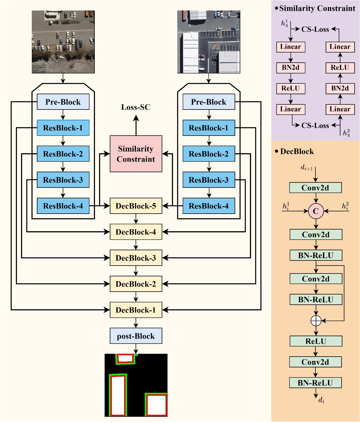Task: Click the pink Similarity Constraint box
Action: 136,154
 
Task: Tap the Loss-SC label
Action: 136,107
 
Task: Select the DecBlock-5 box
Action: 136,206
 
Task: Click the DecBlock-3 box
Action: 136,258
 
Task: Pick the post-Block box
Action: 136,336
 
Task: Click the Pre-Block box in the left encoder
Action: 63,102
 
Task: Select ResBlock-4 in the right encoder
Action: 209,206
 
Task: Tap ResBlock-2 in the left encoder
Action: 63,154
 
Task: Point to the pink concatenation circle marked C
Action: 316,211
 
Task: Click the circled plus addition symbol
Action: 316,321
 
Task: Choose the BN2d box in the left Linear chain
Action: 290,68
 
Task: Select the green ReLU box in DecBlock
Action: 316,341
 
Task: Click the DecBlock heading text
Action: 297,151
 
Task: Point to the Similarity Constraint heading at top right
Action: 317,9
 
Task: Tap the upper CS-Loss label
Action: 315,29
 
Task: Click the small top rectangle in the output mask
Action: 125,359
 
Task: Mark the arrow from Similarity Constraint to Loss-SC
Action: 136,125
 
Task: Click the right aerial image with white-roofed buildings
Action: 209,42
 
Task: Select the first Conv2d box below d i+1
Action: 315,188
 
